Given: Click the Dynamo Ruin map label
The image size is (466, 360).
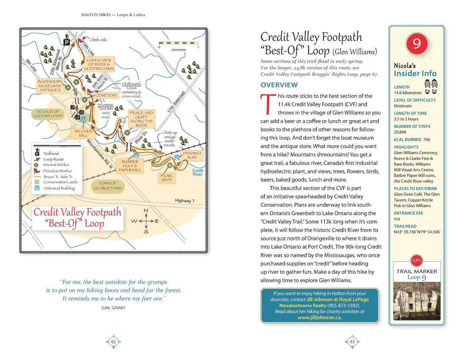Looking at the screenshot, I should pos(192,155).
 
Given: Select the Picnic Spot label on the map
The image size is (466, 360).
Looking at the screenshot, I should pos(167,178).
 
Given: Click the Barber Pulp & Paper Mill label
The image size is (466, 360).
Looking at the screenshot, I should pos(130,166).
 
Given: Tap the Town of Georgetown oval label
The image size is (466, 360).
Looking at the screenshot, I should pos(107,186).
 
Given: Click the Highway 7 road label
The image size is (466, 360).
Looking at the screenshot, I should pos(185,201).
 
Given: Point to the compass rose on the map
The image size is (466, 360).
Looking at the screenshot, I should pos(146,221).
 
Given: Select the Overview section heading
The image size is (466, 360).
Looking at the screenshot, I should pos(279,85).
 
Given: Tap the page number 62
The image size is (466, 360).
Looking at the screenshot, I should pos(114,342).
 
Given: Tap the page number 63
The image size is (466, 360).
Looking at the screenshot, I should pos(352,342).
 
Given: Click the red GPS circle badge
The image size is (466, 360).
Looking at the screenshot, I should pos(416,261).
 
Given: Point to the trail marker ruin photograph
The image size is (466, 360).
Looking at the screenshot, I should pos(416,301).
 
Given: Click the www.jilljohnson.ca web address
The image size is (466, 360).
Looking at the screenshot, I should pos(319,317).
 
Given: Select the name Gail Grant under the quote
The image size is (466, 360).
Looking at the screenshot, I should pos(114,307).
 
